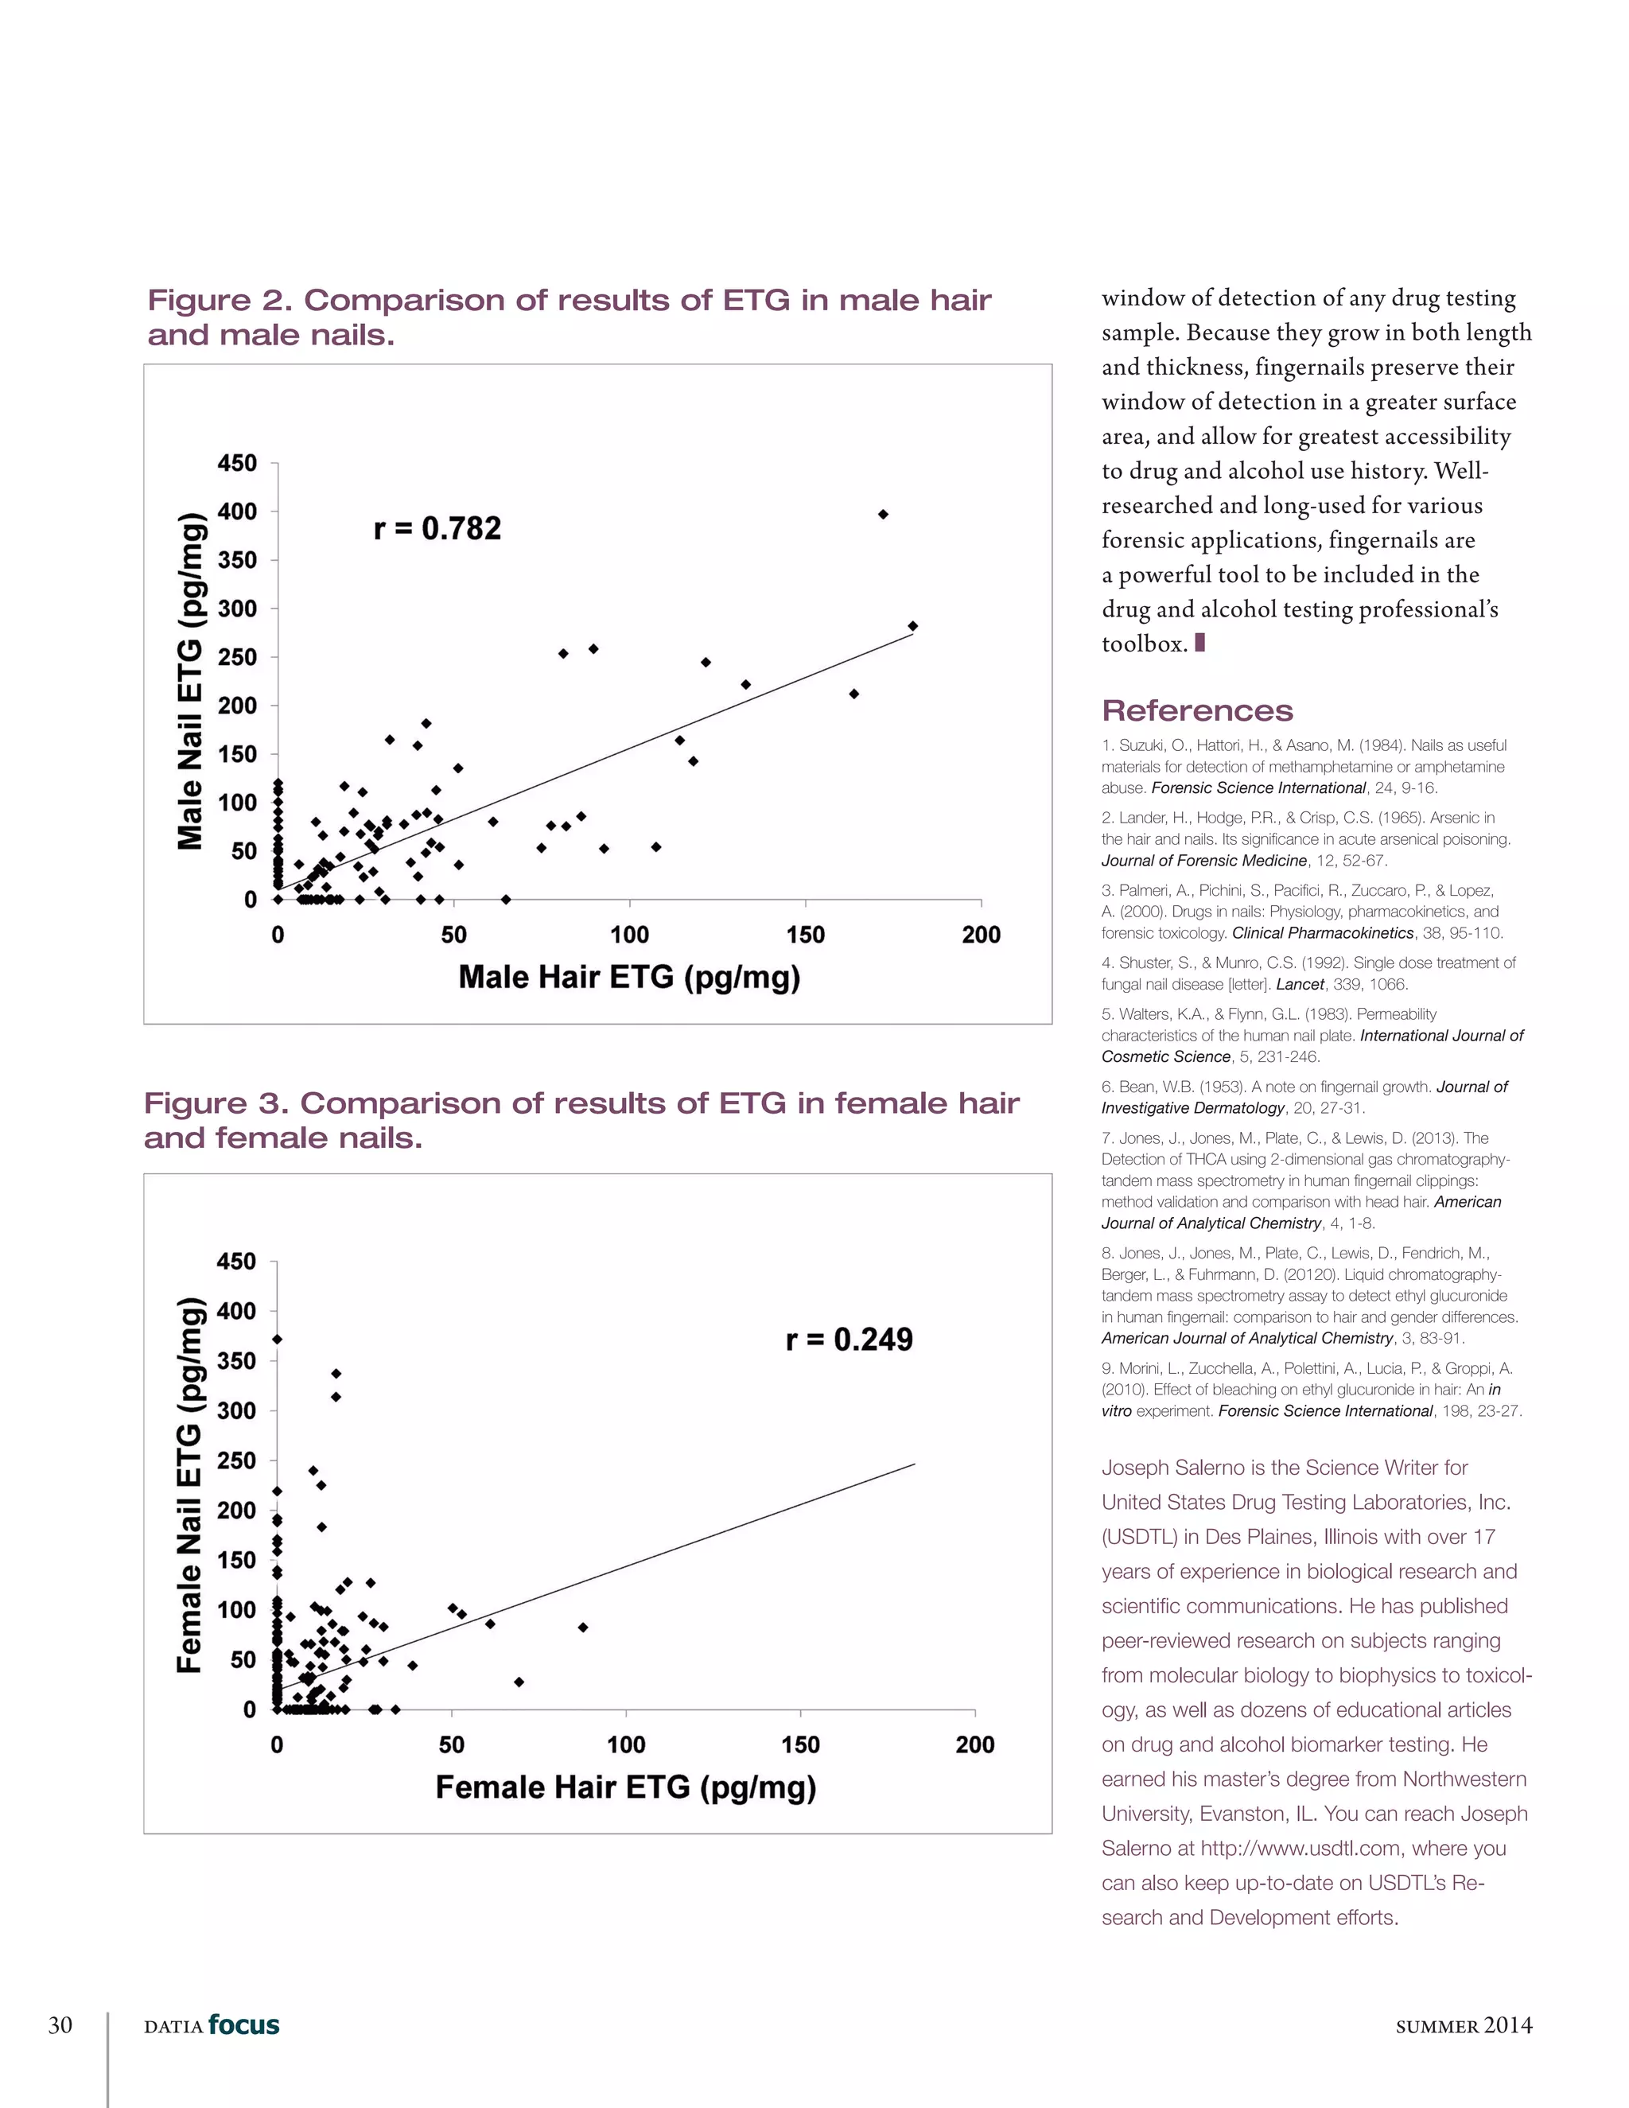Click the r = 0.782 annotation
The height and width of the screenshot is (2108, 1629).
[437, 528]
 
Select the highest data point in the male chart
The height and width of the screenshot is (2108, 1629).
[883, 515]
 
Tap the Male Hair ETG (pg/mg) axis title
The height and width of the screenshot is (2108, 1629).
[629, 977]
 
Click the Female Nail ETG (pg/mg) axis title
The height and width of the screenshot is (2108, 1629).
[191, 1484]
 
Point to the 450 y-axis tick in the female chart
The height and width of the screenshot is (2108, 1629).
[236, 1262]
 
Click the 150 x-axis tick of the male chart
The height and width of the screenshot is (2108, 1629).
[805, 935]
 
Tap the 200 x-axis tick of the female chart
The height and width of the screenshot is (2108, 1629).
[974, 1744]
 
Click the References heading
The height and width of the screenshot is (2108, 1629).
[1196, 710]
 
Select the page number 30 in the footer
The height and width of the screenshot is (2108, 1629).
[60, 2025]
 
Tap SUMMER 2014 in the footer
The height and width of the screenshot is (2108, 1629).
[1463, 2026]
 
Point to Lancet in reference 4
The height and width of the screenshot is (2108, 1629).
[1299, 985]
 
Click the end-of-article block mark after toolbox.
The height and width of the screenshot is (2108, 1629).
[1199, 643]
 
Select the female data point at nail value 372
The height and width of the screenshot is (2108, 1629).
[277, 1339]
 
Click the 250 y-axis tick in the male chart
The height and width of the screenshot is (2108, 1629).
[236, 657]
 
